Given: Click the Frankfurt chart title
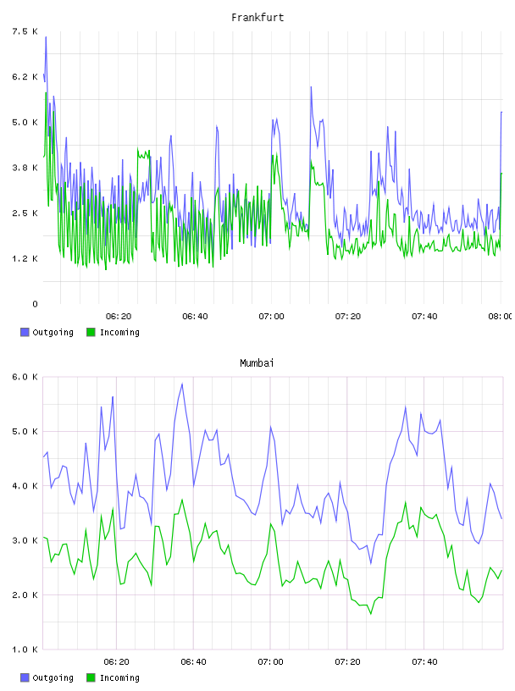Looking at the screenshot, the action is [257, 18].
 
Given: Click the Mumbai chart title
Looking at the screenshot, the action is [257, 363].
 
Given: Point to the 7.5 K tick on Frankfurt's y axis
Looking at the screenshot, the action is [25, 31].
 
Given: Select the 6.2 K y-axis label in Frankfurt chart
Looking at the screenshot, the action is [25, 77].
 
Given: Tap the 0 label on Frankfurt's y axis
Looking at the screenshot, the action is [35, 304].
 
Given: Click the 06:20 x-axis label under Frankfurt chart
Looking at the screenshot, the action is [119, 317].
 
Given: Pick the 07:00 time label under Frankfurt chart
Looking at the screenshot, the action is [271, 317].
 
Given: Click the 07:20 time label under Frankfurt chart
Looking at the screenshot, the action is [348, 317].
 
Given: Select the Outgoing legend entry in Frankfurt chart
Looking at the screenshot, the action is [47, 332].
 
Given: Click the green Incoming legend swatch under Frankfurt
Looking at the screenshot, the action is [91, 332].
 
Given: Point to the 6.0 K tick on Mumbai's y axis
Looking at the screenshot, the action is [25, 377].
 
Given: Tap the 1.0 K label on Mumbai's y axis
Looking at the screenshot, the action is [25, 650].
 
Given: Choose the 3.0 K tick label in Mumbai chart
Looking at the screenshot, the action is [25, 541].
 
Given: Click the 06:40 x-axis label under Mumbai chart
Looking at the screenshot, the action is [194, 662].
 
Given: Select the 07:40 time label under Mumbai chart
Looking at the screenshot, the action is [424, 662].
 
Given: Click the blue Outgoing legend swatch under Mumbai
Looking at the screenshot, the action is [25, 677].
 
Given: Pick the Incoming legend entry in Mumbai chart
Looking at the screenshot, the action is [113, 677].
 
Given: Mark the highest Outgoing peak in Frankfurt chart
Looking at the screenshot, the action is [46, 37].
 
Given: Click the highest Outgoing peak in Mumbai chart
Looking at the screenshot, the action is [182, 384].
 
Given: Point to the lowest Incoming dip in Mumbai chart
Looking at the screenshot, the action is [371, 613].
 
